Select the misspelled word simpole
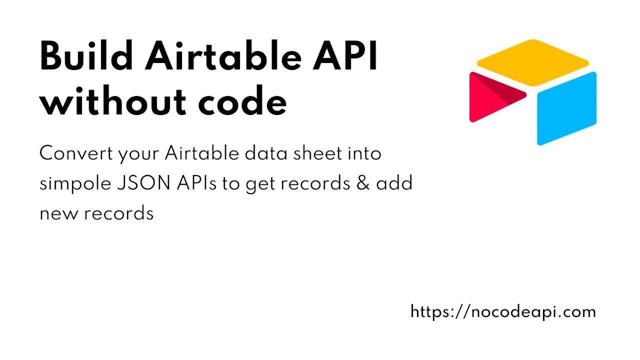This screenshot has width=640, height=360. [73, 184]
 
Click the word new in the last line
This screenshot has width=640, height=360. [58, 213]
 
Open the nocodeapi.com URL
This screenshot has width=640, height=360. [503, 312]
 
